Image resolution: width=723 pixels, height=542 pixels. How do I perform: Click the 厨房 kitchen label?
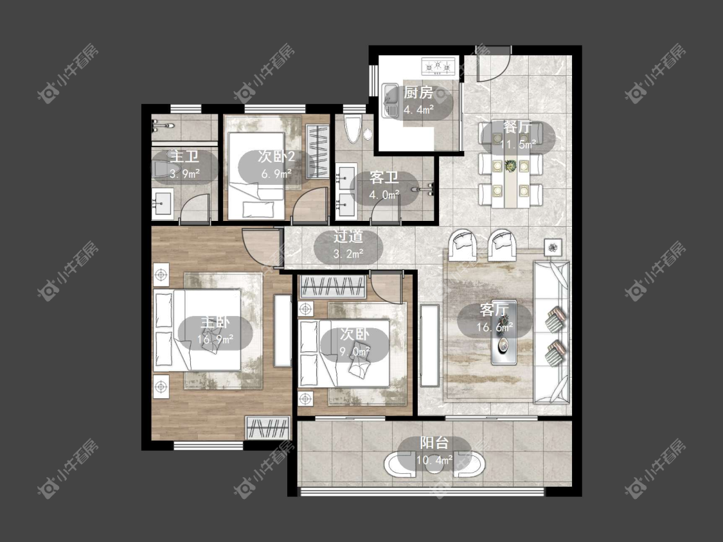point(418,92)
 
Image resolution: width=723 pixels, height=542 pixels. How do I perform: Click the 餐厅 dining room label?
point(517,127)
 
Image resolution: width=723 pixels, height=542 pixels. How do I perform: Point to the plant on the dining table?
point(510,166)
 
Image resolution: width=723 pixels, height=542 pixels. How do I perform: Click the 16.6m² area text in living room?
point(495,328)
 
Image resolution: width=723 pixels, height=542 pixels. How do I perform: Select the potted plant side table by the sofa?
point(553,247)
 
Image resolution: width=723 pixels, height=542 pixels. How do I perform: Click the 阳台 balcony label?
point(434,443)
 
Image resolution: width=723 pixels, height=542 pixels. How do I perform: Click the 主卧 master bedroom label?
point(215,322)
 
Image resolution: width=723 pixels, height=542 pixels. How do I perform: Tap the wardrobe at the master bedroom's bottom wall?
point(268,428)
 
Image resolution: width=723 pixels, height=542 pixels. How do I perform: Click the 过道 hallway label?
point(348,236)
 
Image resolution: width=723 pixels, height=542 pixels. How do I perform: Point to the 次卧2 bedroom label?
point(276,157)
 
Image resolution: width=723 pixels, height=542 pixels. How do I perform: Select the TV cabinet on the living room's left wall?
point(429,345)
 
